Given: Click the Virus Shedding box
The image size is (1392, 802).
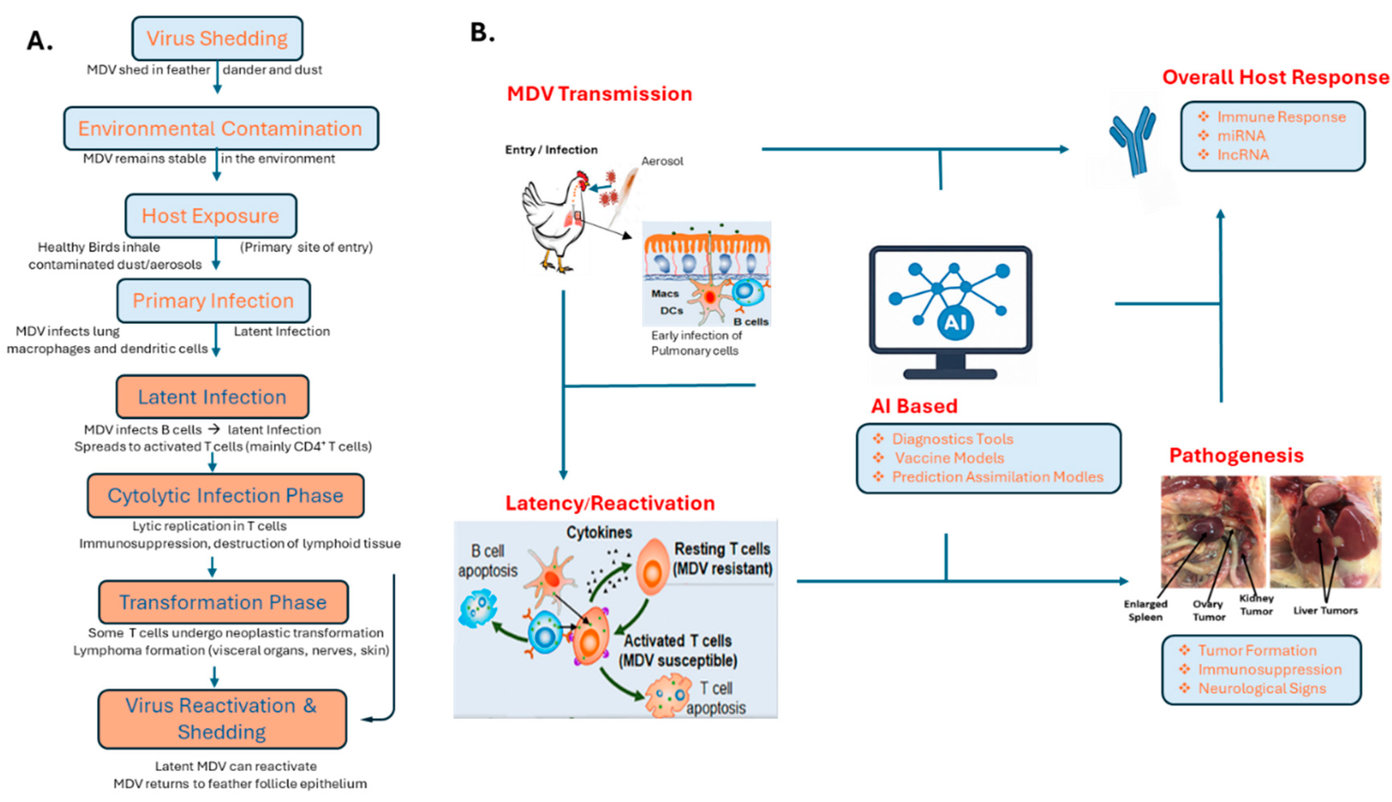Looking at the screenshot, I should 217,38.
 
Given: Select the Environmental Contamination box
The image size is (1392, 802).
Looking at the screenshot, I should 220,129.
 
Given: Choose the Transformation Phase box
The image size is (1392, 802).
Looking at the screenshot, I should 223,602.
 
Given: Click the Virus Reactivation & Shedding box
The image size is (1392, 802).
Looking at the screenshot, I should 222,719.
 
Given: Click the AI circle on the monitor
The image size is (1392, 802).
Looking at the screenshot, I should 955,323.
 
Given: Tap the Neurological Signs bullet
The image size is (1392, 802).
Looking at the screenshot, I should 1262,689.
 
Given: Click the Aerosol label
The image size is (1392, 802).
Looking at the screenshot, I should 662,161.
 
